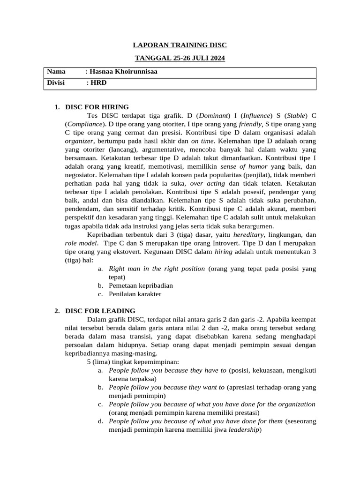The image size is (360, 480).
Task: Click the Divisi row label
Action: (x=56, y=83)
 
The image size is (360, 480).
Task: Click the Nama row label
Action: (x=56, y=72)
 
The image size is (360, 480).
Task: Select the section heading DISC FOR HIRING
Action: (x=97, y=107)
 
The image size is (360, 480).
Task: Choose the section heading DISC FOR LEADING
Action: (x=100, y=311)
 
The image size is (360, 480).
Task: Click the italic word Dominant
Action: (x=214, y=115)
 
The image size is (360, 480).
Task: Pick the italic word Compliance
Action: (x=84, y=124)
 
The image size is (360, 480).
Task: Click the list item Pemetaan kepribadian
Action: (x=141, y=285)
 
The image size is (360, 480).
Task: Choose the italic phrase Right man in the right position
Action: (x=157, y=269)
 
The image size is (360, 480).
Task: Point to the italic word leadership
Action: (x=244, y=429)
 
